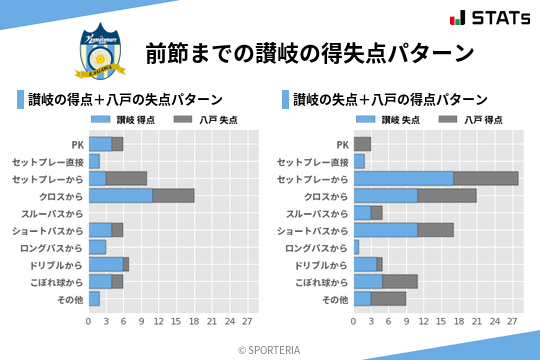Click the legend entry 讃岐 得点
tap(120, 119)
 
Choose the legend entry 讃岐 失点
tap(386, 119)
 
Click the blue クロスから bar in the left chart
tap(120, 195)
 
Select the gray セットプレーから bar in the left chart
tap(126, 178)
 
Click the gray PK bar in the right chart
tap(362, 144)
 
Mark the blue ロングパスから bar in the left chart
tap(97, 247)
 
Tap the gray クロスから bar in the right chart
tap(447, 195)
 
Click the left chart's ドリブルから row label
tap(55, 265)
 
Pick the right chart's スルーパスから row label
tap(318, 213)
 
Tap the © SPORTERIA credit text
tap(270, 350)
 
